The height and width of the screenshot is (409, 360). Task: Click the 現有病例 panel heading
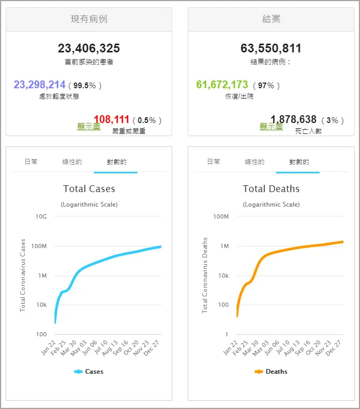[x=89, y=20]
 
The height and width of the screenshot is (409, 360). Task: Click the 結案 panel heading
[x=271, y=20]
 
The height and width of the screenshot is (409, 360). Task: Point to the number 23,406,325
[x=89, y=49]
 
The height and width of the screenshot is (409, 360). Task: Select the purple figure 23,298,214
[x=39, y=85]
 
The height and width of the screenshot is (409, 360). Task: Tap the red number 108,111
[x=112, y=120]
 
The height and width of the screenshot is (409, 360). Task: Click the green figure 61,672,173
[x=222, y=85]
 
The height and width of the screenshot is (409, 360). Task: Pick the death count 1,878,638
[x=294, y=120]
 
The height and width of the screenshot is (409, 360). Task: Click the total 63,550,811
[x=271, y=49]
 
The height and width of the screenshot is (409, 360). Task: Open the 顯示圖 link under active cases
[x=89, y=127]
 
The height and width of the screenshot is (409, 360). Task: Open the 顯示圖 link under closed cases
[x=271, y=127]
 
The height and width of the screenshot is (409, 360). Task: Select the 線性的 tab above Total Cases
[x=72, y=162]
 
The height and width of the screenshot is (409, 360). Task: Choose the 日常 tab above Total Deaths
[x=213, y=162]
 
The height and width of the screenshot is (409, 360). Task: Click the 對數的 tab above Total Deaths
[x=299, y=162]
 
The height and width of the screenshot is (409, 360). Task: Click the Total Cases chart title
[x=89, y=189]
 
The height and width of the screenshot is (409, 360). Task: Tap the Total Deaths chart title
[x=271, y=189]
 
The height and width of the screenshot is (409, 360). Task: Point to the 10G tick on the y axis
[x=41, y=216]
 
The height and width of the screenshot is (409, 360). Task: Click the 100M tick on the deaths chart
[x=221, y=216]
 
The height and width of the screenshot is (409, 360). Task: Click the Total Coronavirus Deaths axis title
[x=205, y=275]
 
